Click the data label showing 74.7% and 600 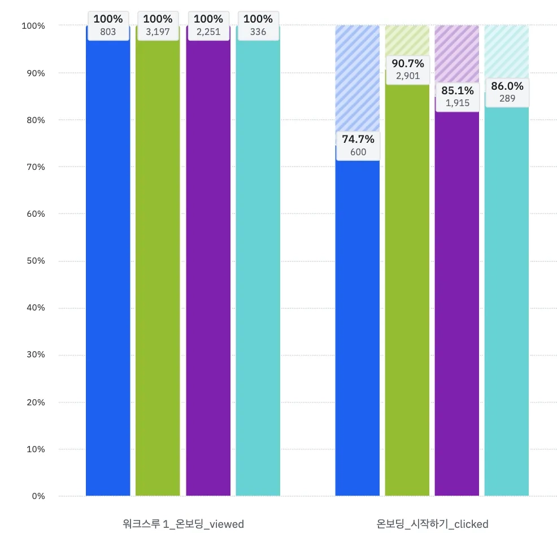click(x=358, y=145)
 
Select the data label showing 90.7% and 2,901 click(x=407, y=69)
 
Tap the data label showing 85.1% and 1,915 click(x=457, y=97)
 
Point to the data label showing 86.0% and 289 click(x=507, y=92)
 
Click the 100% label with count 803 click(x=108, y=25)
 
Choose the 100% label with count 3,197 click(x=158, y=25)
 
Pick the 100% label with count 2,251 click(x=208, y=25)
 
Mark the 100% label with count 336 click(x=258, y=25)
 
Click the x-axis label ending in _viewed click(x=183, y=524)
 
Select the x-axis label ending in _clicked click(x=432, y=524)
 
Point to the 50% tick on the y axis click(x=34, y=261)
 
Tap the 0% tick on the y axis click(x=37, y=496)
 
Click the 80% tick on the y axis click(x=34, y=120)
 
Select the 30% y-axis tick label click(x=34, y=355)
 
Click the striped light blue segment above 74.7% click(x=358, y=79)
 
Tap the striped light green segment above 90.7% click(x=407, y=40)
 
